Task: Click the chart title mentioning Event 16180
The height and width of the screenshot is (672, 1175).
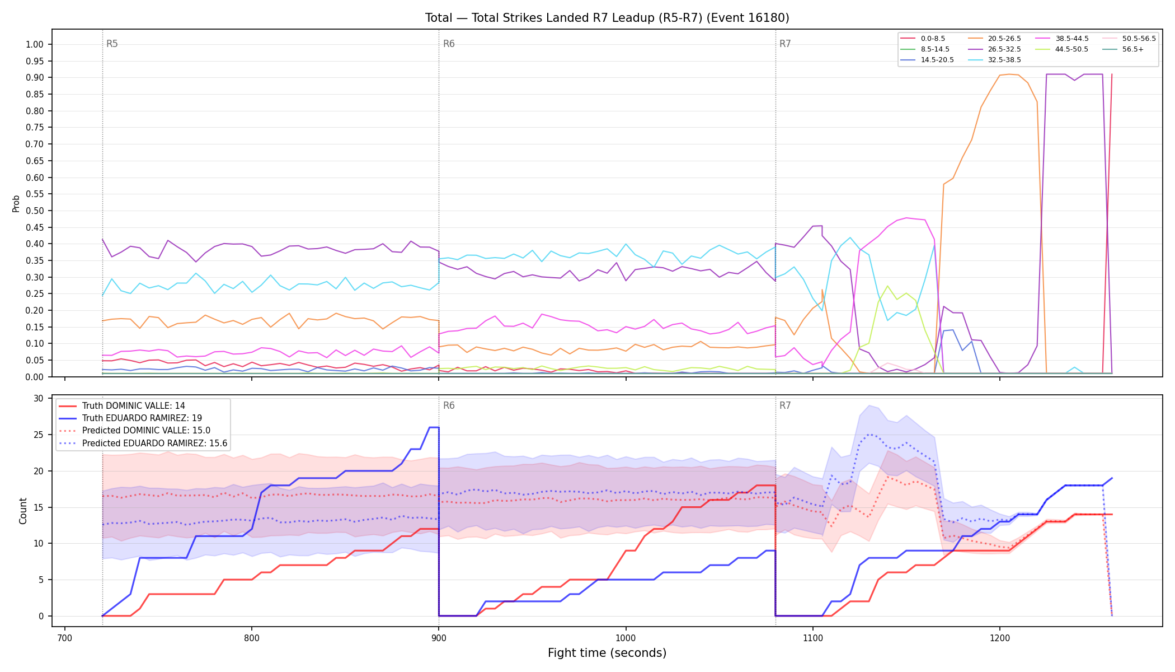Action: coord(607,18)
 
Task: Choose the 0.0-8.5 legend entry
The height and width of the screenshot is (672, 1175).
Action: coord(923,39)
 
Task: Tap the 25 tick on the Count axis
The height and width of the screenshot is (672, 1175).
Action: coord(38,435)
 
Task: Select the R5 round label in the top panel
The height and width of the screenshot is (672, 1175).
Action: coord(112,44)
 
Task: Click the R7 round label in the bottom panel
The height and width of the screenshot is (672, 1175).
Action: coord(785,405)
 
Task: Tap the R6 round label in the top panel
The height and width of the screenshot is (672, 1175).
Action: coord(449,44)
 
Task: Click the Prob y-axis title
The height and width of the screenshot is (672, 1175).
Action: coord(16,203)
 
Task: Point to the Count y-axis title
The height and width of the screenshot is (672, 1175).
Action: coord(23,511)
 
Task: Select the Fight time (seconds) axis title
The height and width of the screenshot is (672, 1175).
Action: coord(607,653)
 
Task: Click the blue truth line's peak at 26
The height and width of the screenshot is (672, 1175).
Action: coord(434,427)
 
